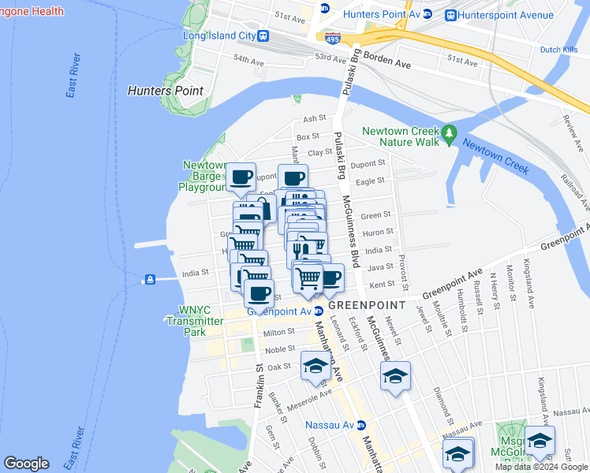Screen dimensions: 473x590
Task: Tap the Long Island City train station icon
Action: click(263, 35)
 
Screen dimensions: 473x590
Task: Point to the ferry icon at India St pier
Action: click(148, 279)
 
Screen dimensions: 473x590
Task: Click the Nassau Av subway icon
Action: click(361, 426)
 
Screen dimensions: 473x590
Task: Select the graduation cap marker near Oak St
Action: click(315, 366)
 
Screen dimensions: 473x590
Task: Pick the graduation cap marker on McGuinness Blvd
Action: click(396, 375)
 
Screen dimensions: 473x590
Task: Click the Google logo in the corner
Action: click(26, 464)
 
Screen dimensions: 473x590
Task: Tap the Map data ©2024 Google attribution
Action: click(541, 467)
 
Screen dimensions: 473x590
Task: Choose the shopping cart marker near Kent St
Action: click(308, 277)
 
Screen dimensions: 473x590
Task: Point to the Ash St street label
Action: click(315, 118)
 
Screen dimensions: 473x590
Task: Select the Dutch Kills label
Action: click(560, 50)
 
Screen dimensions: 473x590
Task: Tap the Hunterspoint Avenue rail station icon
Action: click(451, 14)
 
